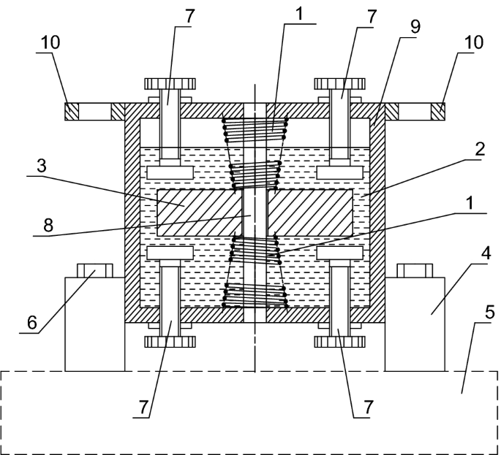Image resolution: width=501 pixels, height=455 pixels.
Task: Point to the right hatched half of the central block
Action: coord(311,212)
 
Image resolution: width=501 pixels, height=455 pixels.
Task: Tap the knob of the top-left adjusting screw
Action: coord(169,82)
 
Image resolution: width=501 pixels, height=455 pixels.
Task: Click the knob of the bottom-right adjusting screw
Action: coord(339,341)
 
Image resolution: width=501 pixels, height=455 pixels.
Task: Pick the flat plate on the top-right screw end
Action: coord(339,172)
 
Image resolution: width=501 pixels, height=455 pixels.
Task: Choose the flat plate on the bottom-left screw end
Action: coord(169,253)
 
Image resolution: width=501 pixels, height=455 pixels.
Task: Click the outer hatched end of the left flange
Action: coord(71,111)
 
